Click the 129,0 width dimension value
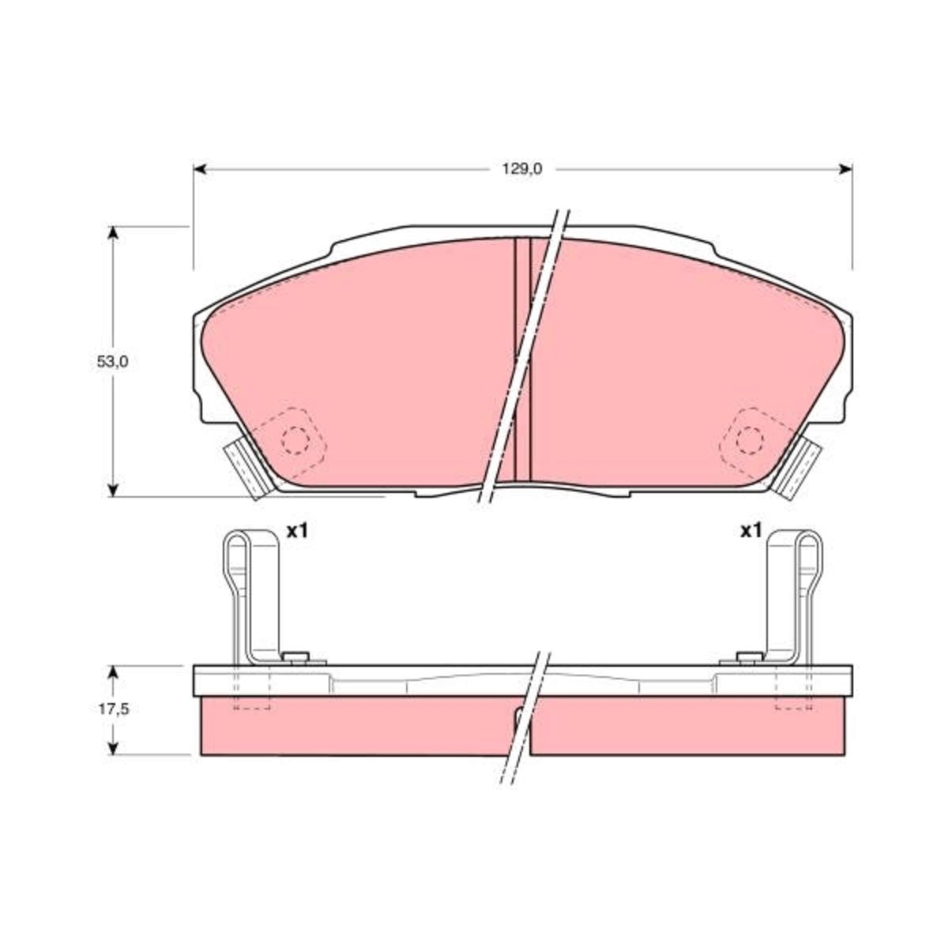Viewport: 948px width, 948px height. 521,169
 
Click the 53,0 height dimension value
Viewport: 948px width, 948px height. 113,362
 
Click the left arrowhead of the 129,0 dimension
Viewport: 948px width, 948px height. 200,169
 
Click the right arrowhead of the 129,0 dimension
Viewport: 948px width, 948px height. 845,169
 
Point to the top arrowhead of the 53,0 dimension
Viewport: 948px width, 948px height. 113,233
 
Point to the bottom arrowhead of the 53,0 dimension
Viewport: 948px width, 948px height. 113,490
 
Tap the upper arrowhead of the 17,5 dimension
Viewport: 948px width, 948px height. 113,672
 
